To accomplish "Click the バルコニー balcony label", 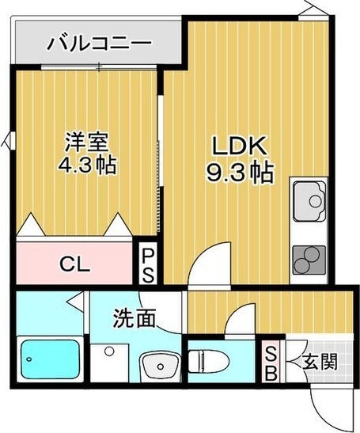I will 98,41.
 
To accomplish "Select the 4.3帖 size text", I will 85,167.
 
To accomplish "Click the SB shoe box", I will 271,363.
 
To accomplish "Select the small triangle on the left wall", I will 8,142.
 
